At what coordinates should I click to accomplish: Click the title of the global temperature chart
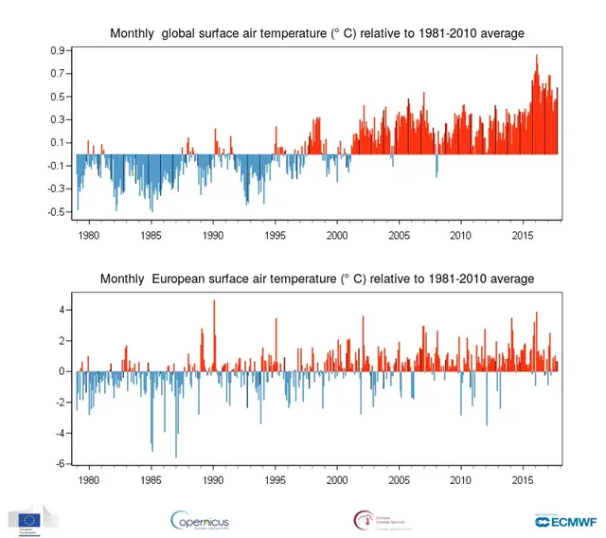click(x=317, y=34)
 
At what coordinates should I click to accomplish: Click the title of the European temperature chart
click(x=317, y=278)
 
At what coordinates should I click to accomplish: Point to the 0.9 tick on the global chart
click(x=58, y=50)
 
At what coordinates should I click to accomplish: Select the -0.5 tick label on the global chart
click(x=56, y=211)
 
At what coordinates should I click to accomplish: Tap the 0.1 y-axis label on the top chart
click(x=58, y=142)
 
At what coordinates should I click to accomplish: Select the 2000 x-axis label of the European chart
click(x=337, y=480)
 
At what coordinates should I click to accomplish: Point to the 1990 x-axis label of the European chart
click(x=213, y=480)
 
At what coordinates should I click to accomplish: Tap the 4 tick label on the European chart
click(x=62, y=310)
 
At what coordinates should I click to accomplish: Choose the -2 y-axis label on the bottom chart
click(x=60, y=403)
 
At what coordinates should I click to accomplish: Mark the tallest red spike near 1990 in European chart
click(x=214, y=301)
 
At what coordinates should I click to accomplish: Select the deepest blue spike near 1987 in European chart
click(x=176, y=457)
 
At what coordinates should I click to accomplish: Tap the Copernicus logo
click(x=200, y=521)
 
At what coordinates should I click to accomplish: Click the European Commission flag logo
click(x=27, y=519)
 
